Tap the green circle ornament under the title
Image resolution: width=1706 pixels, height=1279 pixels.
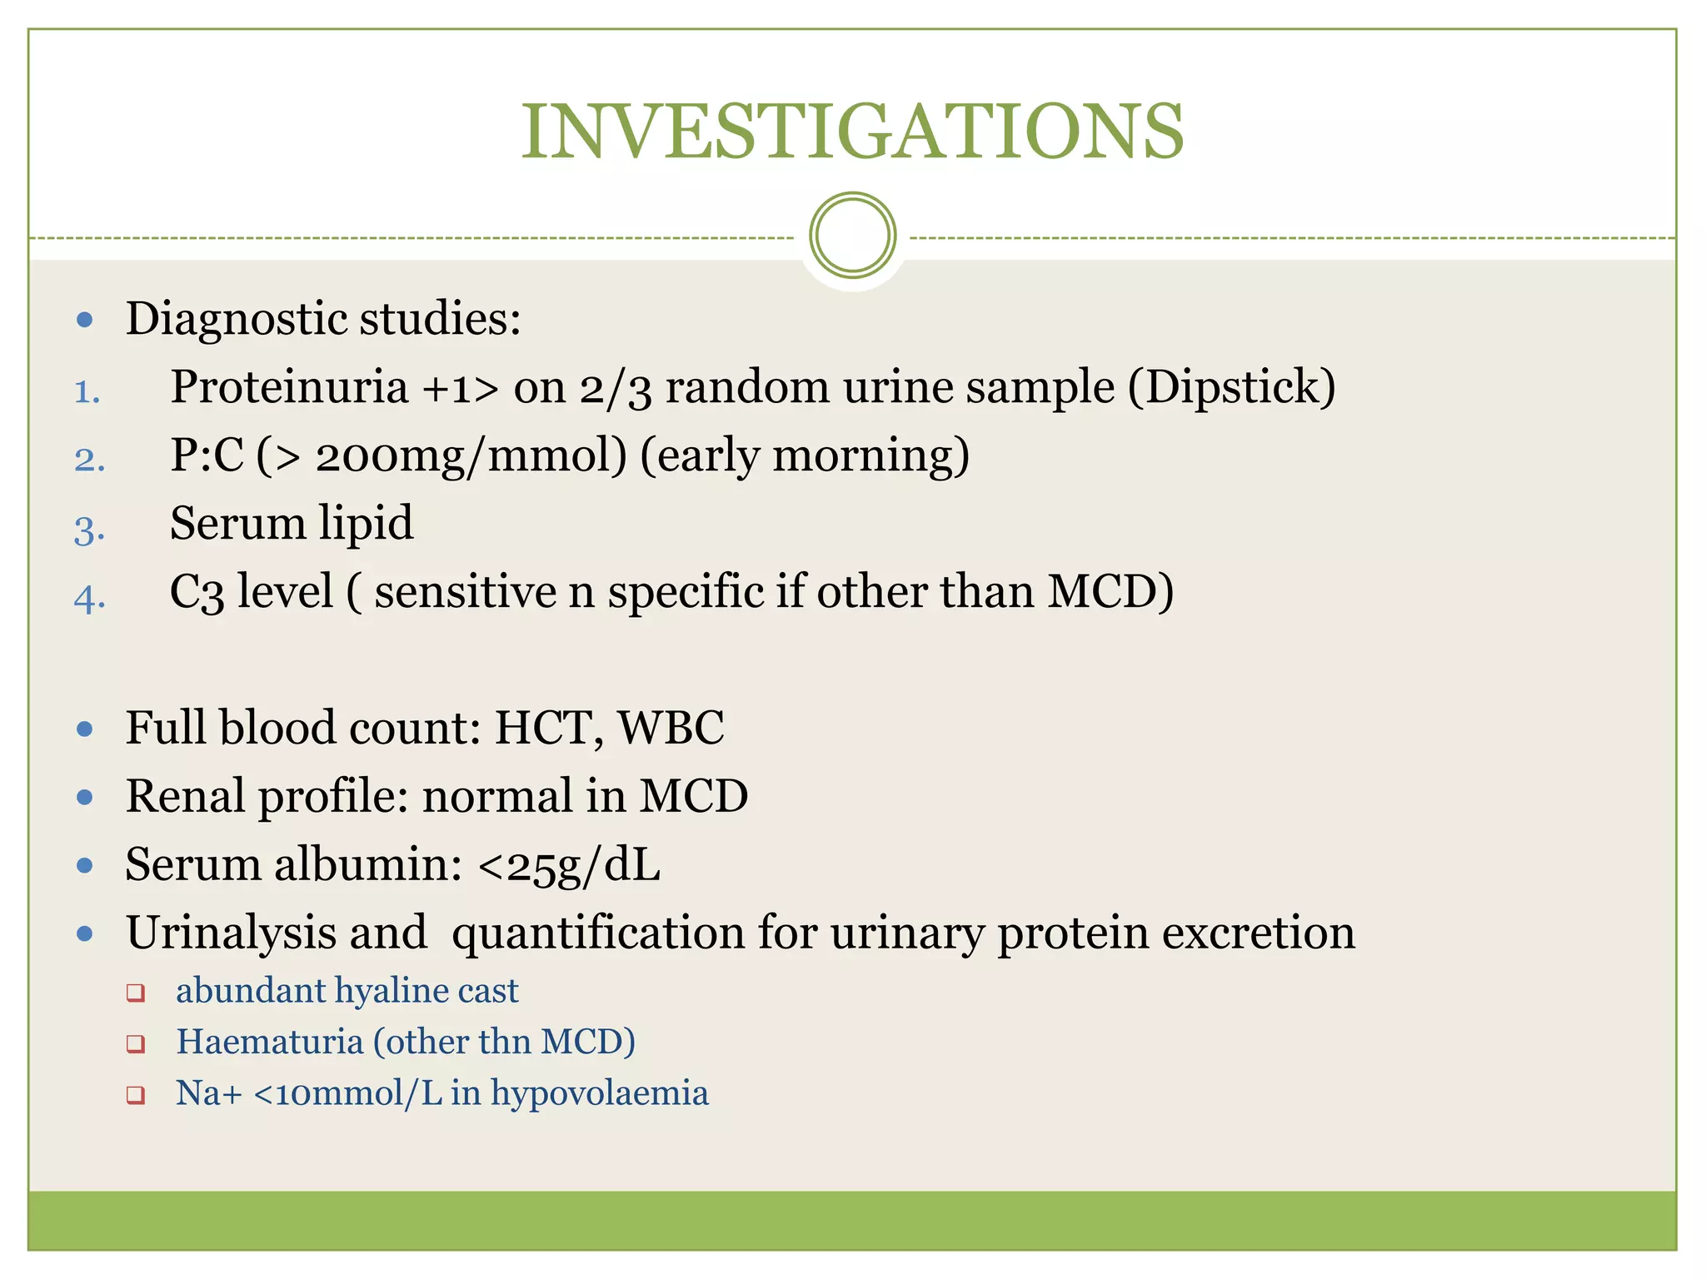click(852, 236)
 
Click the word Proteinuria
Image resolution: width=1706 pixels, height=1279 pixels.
click(289, 387)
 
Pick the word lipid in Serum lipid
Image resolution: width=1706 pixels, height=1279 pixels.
click(367, 524)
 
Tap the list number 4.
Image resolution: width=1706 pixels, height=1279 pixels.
click(89, 598)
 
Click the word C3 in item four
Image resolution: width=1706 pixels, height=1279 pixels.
click(197, 593)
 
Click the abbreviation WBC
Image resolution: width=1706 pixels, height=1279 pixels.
click(671, 728)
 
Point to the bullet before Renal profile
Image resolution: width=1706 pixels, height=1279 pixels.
click(84, 798)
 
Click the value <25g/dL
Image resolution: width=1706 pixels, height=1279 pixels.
click(569, 865)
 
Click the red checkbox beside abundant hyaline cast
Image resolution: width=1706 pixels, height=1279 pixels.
click(136, 993)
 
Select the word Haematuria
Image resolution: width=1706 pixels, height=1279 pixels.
click(270, 1042)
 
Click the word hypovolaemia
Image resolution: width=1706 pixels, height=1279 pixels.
click(599, 1093)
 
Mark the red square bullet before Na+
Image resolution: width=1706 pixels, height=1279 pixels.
click(136, 1095)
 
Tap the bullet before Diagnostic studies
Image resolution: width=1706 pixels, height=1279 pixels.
click(84, 320)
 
